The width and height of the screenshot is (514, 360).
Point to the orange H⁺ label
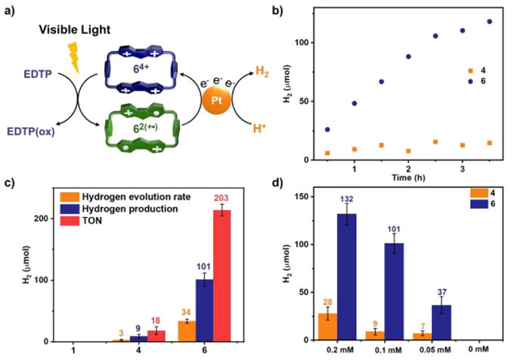[257, 129]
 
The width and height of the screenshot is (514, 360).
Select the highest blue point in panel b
[489, 21]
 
